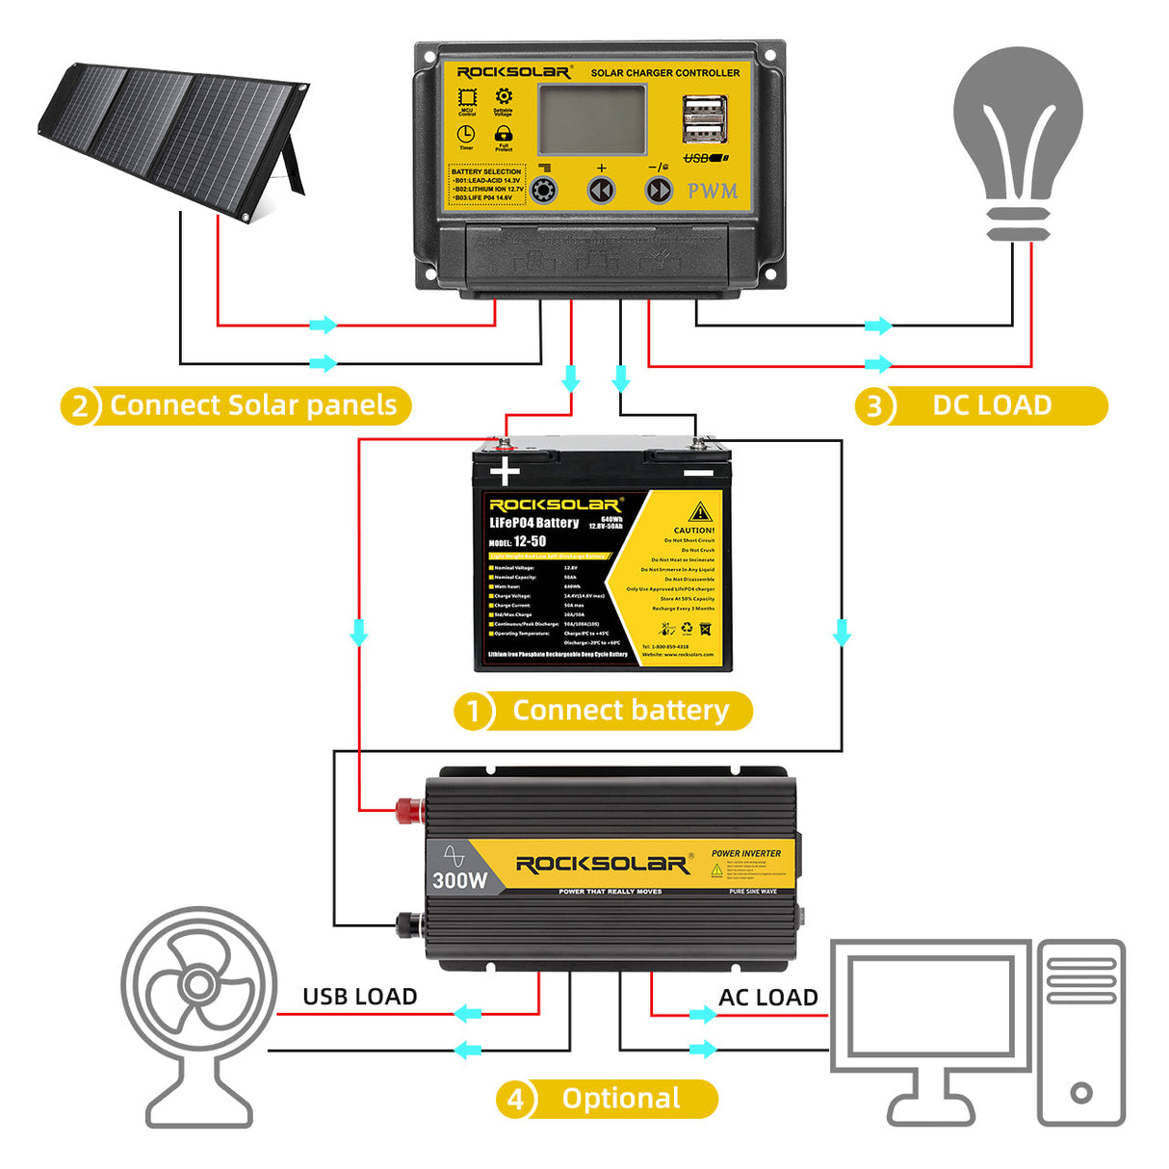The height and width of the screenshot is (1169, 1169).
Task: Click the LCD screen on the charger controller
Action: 591,118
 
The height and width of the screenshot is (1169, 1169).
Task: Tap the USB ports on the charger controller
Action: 704,119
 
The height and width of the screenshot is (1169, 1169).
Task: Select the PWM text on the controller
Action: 713,191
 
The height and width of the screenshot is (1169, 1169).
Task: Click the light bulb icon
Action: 1018,135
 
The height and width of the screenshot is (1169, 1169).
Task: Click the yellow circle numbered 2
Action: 80,406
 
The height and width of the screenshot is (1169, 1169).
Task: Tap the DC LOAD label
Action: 992,405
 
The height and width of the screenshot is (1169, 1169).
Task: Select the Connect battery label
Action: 620,711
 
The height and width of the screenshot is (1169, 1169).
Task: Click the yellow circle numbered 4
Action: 516,1100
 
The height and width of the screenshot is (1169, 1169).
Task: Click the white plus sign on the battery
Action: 505,472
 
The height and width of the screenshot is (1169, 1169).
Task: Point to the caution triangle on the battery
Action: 700,511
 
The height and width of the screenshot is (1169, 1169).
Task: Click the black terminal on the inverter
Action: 409,925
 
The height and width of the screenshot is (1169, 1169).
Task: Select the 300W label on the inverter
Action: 459,880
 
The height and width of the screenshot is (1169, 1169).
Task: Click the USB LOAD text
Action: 360,997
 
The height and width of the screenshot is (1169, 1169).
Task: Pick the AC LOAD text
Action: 767,998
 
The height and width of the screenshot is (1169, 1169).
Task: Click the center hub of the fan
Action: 198,985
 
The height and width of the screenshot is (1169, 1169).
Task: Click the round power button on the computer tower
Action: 1080,1093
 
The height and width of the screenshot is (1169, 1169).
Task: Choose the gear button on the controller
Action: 544,190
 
